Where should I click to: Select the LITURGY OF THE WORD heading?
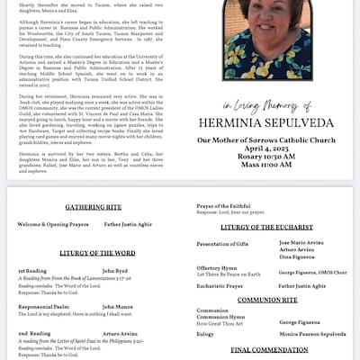(x=99, y=253)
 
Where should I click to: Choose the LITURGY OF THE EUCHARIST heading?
(x=270, y=228)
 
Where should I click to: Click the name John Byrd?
(x=115, y=270)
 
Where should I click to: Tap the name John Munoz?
(x=118, y=307)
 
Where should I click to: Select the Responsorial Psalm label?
(x=43, y=307)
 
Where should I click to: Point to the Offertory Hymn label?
(x=216, y=267)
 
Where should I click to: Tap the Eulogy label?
(x=206, y=333)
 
